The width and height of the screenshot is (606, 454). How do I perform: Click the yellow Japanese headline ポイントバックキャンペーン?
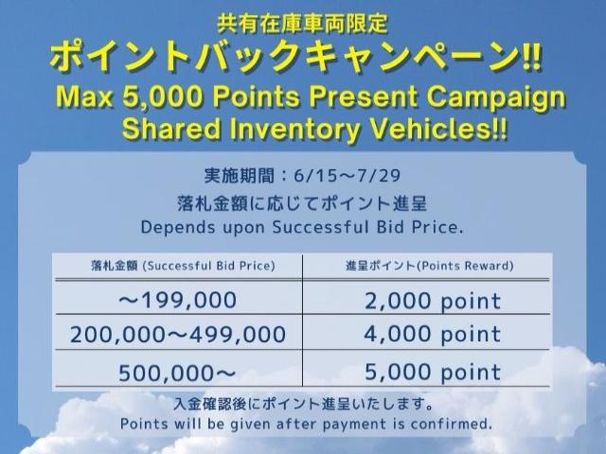click(x=285, y=58)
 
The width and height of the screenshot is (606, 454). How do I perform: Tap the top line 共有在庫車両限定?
click(x=302, y=23)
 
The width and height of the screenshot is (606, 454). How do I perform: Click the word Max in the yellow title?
click(x=84, y=96)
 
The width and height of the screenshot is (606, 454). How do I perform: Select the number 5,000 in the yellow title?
click(x=162, y=96)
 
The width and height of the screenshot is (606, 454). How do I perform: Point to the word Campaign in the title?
click(x=495, y=98)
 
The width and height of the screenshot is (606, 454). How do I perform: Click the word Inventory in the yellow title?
click(x=295, y=130)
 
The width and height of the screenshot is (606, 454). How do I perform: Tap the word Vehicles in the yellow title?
click(x=430, y=129)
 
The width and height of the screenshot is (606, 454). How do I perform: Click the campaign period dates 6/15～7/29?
click(x=348, y=176)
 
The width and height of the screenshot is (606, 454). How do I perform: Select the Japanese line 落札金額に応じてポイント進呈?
click(x=302, y=203)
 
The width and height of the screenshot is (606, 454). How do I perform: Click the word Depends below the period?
click(x=178, y=227)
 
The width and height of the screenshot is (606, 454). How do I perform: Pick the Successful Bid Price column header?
click(x=183, y=266)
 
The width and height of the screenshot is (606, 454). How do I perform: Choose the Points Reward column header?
click(x=429, y=266)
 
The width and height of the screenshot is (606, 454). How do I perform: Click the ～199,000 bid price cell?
click(x=178, y=301)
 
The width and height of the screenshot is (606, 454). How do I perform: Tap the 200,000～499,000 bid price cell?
click(x=178, y=334)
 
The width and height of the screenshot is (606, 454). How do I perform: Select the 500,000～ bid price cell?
click(x=177, y=373)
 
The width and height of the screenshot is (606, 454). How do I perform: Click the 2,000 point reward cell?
click(x=433, y=301)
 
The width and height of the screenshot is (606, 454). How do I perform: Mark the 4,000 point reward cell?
click(x=433, y=334)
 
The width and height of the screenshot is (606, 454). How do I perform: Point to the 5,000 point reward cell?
click(x=433, y=372)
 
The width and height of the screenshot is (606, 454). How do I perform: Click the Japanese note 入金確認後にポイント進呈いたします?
click(x=304, y=404)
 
